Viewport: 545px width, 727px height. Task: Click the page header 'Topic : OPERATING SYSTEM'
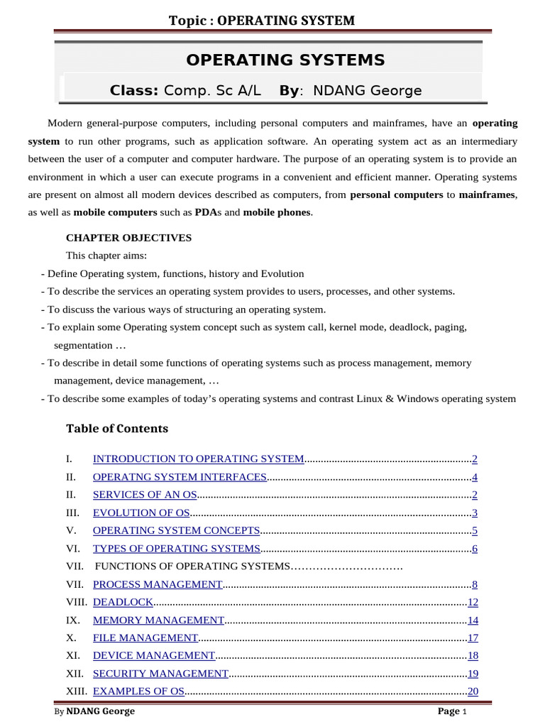coord(261,20)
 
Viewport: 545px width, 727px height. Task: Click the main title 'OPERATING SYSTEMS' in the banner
coord(285,60)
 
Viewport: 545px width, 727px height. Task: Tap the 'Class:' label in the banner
coord(133,91)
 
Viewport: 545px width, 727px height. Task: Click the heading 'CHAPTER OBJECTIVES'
coord(128,238)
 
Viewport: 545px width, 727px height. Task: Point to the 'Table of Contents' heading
coord(117,428)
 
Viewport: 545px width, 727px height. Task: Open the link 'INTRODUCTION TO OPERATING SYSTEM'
coord(198,459)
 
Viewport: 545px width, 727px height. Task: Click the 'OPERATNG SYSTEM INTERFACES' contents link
coord(180,477)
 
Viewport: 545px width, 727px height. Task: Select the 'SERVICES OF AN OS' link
coord(145,495)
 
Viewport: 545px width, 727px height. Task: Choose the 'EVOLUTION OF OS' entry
coord(141,513)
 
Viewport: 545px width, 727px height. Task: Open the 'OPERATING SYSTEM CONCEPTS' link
coord(177,530)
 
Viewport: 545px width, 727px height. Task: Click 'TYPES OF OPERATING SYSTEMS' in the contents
coord(177,549)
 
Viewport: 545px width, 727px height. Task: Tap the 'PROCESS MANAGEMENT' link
coord(158,584)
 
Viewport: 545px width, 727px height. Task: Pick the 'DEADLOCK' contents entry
coord(123,602)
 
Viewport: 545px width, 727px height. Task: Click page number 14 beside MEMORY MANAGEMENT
coord(473,620)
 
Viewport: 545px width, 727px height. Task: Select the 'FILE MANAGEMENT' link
coord(145,638)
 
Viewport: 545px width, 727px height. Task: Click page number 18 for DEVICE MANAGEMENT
coord(473,656)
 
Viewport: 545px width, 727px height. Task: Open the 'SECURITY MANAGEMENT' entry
coord(160,674)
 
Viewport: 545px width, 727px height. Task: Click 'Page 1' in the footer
coord(451,711)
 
